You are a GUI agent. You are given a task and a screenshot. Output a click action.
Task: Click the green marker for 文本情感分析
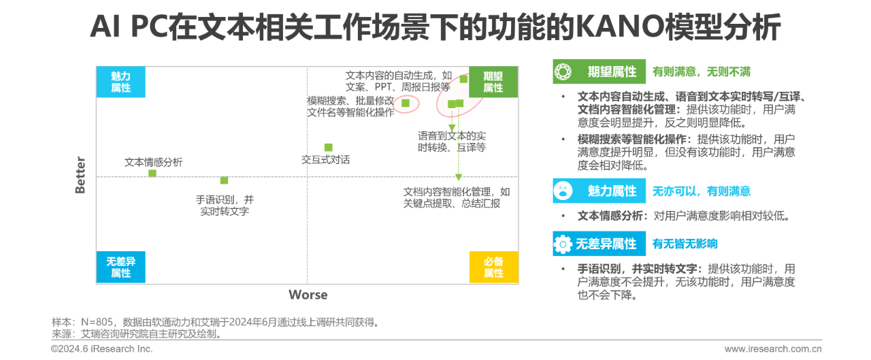click(x=152, y=174)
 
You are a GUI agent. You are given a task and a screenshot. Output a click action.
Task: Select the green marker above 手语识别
click(x=224, y=180)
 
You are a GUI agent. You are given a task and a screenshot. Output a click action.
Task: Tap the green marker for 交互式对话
click(x=328, y=147)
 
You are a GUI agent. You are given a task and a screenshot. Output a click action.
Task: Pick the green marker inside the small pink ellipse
click(x=406, y=103)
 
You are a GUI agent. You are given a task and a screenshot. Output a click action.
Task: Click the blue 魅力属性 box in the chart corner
click(x=121, y=82)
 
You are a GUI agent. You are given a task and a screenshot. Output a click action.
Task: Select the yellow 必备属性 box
click(x=493, y=267)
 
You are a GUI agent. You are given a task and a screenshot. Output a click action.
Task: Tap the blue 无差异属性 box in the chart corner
click(x=121, y=267)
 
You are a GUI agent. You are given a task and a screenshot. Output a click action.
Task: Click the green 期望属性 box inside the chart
click(x=493, y=82)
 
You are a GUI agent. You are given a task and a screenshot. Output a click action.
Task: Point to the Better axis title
click(x=80, y=176)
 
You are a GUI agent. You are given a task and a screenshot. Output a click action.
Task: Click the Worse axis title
click(x=308, y=295)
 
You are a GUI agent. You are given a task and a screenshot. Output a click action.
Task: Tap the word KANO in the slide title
click(x=613, y=29)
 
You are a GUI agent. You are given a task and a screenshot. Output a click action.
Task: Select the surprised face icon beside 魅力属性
click(x=563, y=191)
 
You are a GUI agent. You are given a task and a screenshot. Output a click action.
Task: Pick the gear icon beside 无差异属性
click(x=563, y=244)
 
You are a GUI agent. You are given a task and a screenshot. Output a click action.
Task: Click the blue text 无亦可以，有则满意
click(x=701, y=192)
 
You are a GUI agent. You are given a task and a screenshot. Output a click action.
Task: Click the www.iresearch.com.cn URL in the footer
click(x=773, y=349)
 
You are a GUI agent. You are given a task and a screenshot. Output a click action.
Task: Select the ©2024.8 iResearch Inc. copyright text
click(x=102, y=349)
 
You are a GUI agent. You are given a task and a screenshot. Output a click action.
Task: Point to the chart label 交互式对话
click(x=326, y=159)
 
